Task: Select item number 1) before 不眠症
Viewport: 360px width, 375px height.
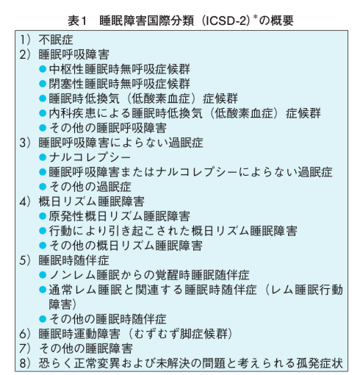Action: click(26, 40)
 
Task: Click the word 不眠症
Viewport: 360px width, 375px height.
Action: click(56, 40)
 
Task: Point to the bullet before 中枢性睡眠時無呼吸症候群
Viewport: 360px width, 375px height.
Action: click(43, 69)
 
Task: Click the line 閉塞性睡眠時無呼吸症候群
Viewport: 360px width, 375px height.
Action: click(120, 84)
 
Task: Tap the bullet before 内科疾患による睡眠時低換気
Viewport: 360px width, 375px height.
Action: click(43, 113)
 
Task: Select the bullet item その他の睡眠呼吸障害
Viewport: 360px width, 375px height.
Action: click(108, 128)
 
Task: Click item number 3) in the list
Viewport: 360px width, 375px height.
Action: click(26, 143)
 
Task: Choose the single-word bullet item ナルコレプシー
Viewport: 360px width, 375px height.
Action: click(90, 157)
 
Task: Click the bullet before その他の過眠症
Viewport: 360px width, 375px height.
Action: click(43, 187)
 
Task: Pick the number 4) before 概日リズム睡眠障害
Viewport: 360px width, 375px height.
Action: click(26, 201)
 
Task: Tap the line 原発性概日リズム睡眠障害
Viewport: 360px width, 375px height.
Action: click(120, 216)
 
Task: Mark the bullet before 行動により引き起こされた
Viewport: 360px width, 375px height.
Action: click(43, 231)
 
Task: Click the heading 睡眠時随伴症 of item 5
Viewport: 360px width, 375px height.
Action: click(74, 260)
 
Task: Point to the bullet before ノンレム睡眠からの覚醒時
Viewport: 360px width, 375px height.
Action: click(43, 275)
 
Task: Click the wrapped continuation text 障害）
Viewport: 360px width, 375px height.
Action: click(62, 304)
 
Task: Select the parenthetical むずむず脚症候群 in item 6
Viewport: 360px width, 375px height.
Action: click(181, 334)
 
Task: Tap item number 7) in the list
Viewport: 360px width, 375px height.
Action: click(26, 349)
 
